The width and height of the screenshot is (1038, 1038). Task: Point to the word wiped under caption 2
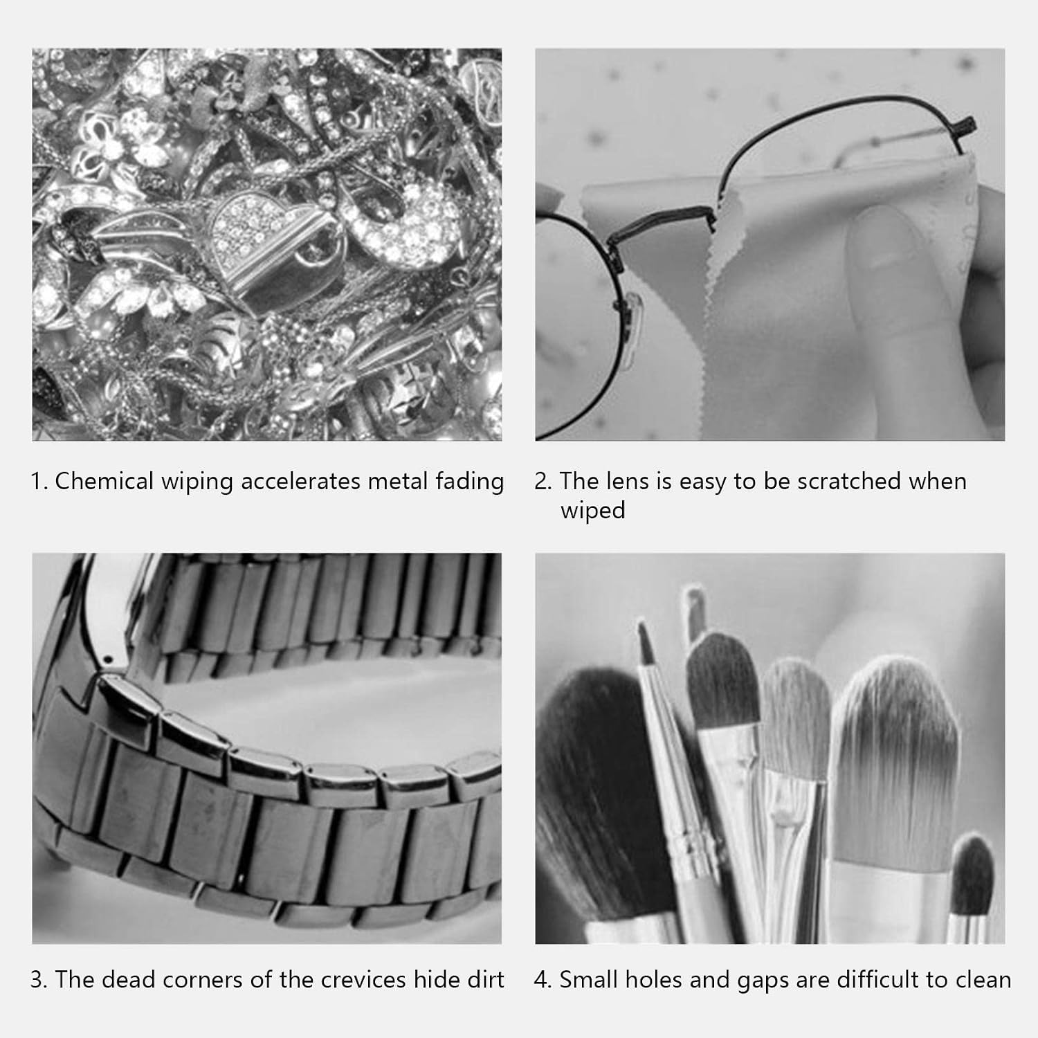(x=593, y=511)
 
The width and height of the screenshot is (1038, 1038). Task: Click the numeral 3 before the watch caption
(x=37, y=980)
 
